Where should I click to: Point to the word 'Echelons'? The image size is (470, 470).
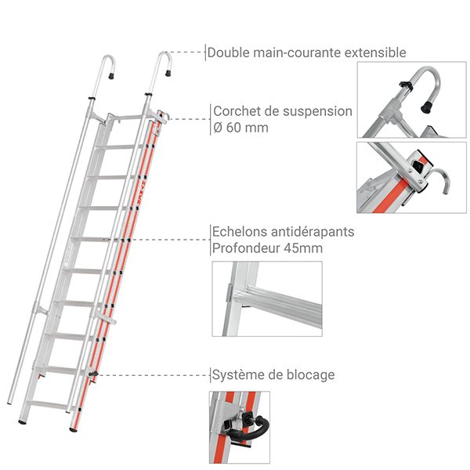(x=238, y=233)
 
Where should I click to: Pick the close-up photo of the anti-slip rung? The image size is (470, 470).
(x=266, y=299)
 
